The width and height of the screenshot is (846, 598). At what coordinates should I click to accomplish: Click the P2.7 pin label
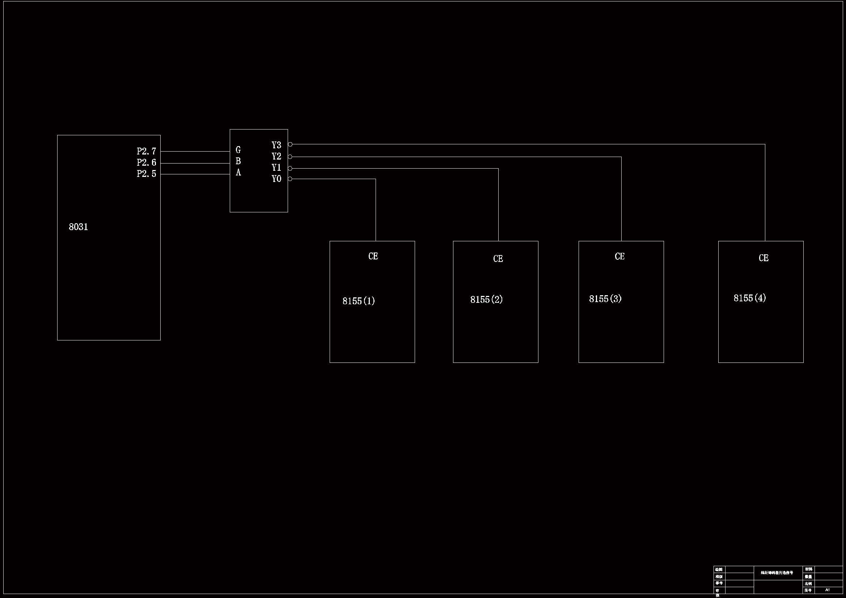[146, 151]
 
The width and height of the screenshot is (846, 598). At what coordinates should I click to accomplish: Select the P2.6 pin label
[146, 162]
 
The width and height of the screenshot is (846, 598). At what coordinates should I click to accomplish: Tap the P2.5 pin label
[146, 174]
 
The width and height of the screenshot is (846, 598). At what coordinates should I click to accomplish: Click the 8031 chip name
[79, 227]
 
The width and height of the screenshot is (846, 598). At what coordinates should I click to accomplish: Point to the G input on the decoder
[238, 150]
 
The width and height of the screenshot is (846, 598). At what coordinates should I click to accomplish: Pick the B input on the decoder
[238, 161]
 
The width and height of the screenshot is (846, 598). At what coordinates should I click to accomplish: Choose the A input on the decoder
[238, 173]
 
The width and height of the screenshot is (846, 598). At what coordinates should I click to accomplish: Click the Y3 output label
[276, 145]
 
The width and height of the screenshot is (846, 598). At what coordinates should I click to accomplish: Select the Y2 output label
[276, 156]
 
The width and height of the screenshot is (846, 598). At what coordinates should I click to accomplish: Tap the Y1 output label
[276, 167]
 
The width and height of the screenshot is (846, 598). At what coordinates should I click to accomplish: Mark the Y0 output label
[276, 179]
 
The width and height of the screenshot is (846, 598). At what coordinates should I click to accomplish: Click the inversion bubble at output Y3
[290, 144]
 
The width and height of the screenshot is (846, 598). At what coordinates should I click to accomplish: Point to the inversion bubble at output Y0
[290, 179]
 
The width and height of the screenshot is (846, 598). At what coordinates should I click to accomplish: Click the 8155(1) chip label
[359, 301]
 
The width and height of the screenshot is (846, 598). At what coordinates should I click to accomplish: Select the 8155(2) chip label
[486, 300]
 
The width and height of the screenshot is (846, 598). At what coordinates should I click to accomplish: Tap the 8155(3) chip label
[605, 299]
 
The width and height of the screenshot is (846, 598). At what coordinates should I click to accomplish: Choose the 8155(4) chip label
[749, 298]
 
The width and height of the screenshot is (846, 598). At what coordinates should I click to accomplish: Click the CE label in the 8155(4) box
[763, 258]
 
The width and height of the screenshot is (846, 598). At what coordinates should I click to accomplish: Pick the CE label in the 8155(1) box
[373, 256]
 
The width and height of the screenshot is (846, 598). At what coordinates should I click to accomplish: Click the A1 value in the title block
[828, 590]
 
